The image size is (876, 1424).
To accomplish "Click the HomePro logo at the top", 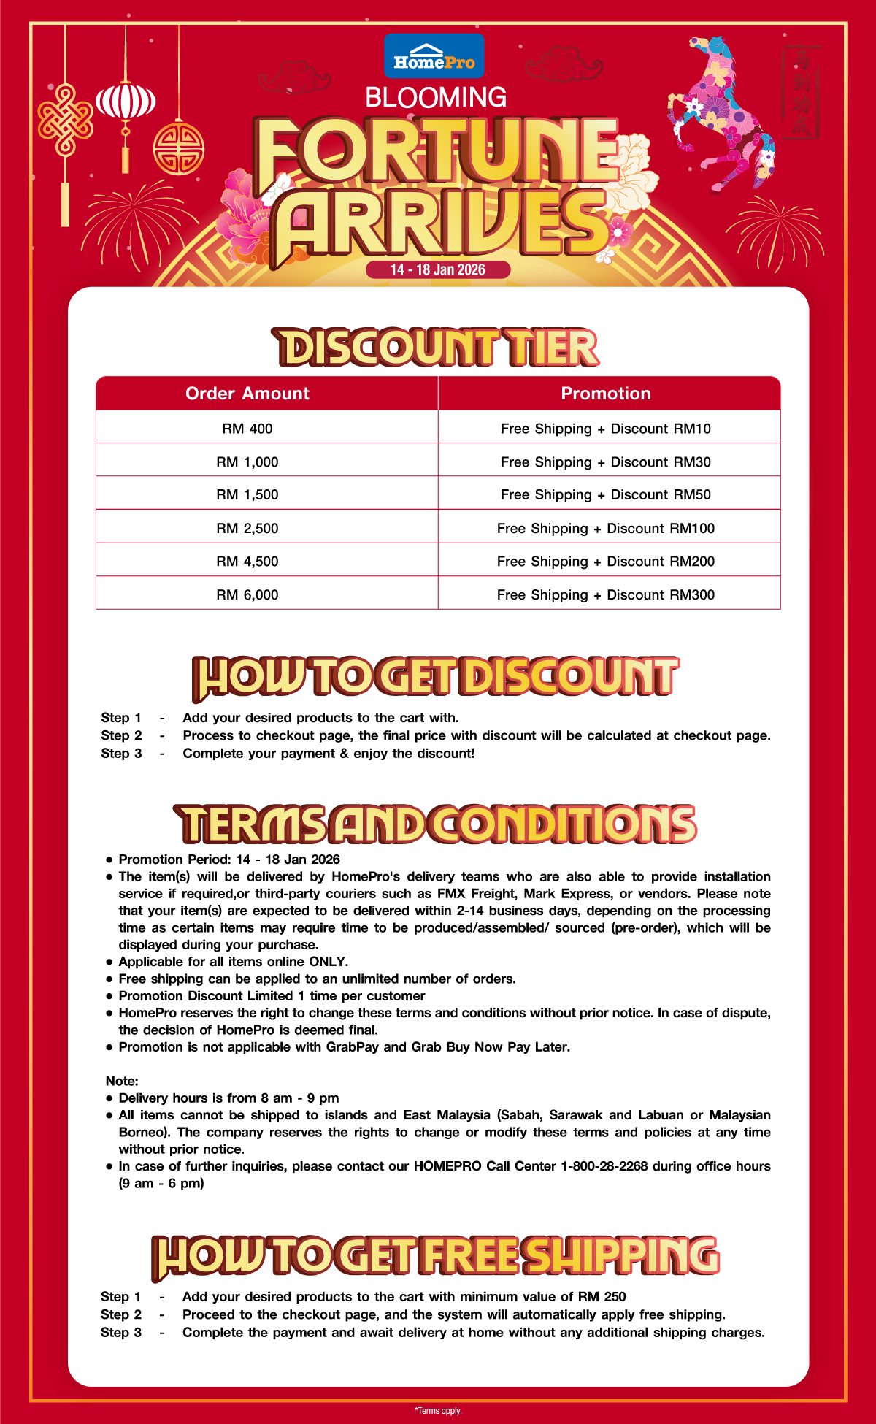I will pos(434,55).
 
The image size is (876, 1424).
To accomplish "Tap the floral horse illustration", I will pos(719,110).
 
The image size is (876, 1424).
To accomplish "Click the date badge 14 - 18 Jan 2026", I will pos(437,269).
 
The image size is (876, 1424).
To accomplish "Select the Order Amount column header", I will pos(247,394).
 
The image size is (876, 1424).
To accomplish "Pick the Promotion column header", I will pos(606,394).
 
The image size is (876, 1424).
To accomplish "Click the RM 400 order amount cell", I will pos(247,429).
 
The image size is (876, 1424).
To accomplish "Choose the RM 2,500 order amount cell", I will pos(247,528).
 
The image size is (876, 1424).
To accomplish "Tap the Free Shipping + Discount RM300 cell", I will pos(606,594).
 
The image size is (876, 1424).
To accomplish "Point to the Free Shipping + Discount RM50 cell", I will pos(606,494).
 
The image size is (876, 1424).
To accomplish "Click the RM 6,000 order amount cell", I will pos(247,594).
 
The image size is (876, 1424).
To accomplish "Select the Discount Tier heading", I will pos(437,348).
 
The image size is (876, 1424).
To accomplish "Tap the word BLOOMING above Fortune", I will pos(436,97).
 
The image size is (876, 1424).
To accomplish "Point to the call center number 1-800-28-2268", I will pos(604,1166).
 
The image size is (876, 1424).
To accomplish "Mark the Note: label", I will pos(122,1081).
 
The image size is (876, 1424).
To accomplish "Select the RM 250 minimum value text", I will pos(602,1297).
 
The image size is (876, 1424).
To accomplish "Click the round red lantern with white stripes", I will pos(126,102).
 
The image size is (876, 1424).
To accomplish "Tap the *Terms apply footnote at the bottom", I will pos(438,1411).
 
